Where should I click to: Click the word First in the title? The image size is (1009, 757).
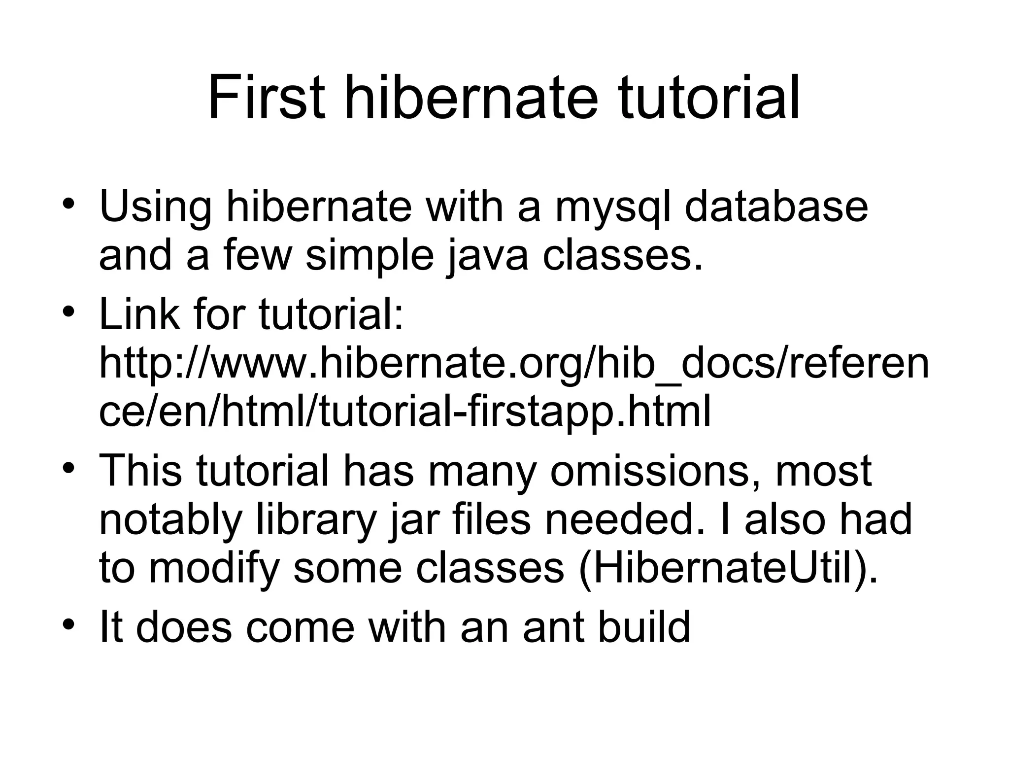coord(267,98)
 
